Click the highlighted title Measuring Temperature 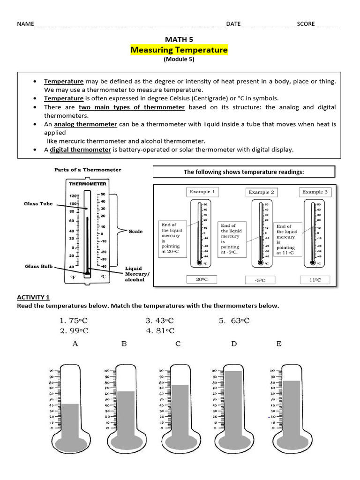179,50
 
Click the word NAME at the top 26,24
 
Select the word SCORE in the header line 306,24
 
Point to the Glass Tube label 38,204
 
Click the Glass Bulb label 38,267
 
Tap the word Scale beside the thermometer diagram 135,231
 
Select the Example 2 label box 262,192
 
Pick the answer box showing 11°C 315,280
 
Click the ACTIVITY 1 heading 33,297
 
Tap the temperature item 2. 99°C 74,331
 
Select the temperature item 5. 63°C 234,321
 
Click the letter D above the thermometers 234,344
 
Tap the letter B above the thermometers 124,344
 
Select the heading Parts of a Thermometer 88,170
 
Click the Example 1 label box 202,192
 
